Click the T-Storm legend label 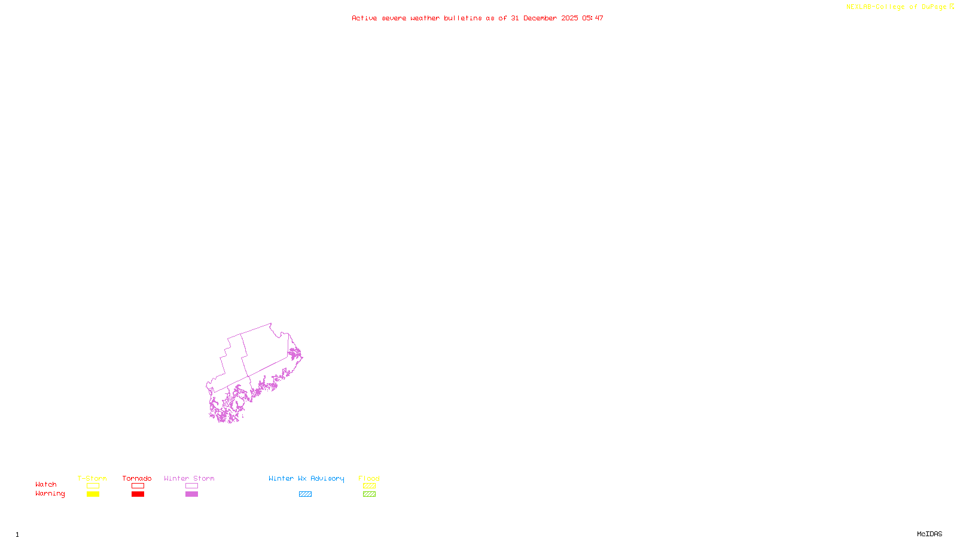[92, 478]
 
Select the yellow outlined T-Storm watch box [93, 486]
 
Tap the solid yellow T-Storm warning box [93, 494]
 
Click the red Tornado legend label [137, 478]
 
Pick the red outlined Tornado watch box [138, 486]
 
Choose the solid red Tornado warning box [138, 494]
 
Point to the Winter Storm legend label [189, 478]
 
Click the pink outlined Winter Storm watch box [191, 486]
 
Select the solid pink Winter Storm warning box [191, 494]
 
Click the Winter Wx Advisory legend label [306, 478]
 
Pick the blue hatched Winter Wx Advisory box [305, 494]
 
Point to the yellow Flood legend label [369, 478]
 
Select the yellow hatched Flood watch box [369, 486]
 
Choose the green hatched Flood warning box [369, 494]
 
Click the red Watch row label [46, 485]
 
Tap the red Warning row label [50, 494]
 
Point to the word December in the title [540, 19]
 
